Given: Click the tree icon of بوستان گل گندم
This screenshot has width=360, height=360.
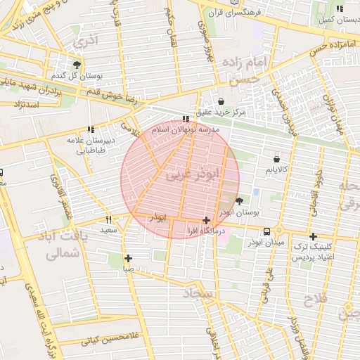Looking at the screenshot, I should [x=77, y=64].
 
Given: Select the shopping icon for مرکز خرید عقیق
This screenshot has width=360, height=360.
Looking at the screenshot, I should [x=221, y=101].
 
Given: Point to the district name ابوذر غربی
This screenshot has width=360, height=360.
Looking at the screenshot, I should [x=192, y=174].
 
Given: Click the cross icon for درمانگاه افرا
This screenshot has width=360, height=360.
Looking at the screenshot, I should [x=205, y=220].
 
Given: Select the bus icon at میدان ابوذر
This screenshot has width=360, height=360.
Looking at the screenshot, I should [x=267, y=231].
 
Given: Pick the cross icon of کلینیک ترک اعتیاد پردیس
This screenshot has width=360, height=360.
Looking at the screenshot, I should [x=313, y=237].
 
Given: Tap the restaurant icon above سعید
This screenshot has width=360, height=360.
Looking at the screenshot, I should [x=108, y=219].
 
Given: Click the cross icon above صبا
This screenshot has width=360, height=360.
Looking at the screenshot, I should [x=128, y=258].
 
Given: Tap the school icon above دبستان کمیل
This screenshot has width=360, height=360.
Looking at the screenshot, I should [x=340, y=8].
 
